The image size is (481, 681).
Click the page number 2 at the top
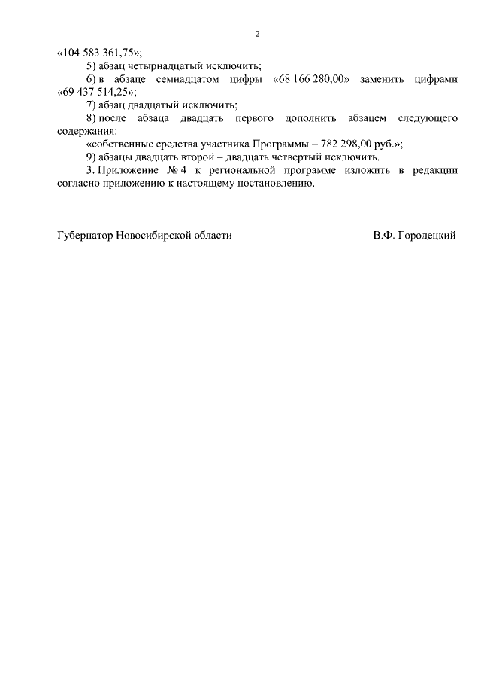click(x=257, y=35)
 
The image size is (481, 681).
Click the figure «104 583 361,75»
click(x=99, y=53)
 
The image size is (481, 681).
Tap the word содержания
click(x=86, y=131)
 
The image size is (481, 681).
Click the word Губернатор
click(x=85, y=236)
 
